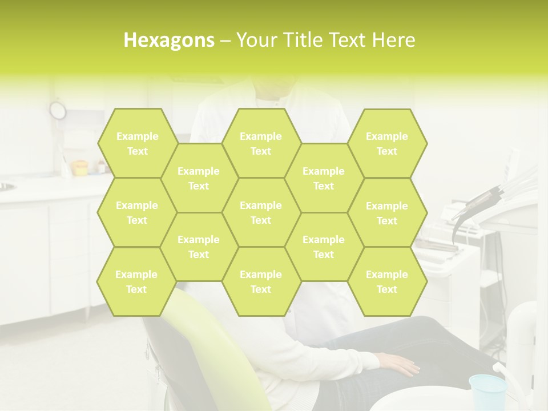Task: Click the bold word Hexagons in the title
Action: coord(169,40)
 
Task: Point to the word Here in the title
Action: coord(394,40)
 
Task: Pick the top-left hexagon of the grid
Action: coord(137,143)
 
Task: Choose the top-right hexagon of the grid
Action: coord(387,143)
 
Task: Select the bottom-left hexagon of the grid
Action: coord(136,281)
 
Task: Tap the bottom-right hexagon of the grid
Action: coord(387,281)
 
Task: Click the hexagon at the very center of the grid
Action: coord(261,212)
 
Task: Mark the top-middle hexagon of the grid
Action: coord(261,143)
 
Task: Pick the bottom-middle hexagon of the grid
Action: coord(261,281)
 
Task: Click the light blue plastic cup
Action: coord(487,392)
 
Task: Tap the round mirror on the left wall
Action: coord(58,110)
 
